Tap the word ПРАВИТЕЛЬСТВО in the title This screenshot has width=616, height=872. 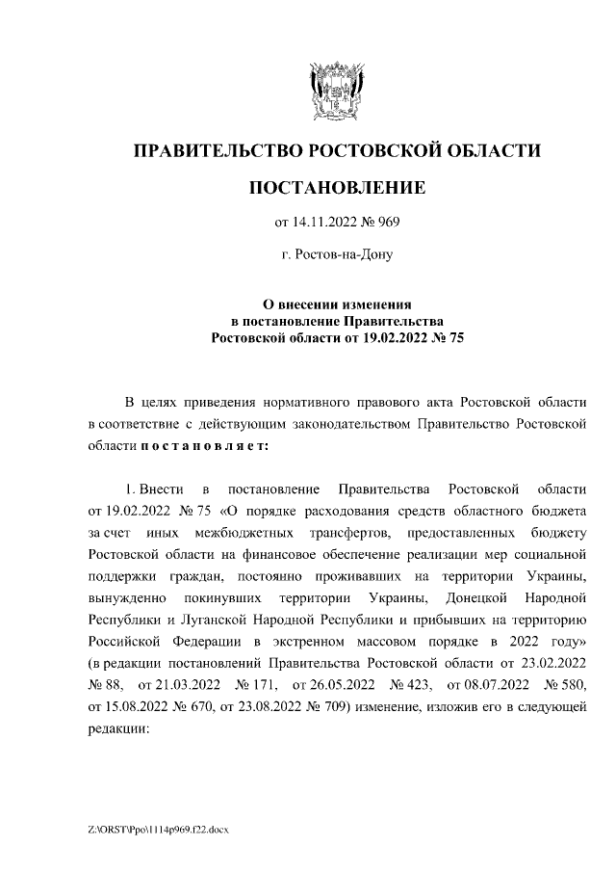click(x=211, y=150)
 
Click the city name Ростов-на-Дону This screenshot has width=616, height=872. click(x=337, y=256)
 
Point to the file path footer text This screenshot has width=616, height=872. click(x=158, y=831)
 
